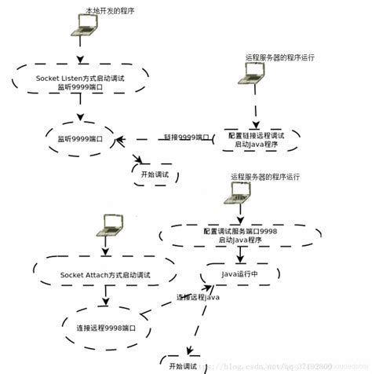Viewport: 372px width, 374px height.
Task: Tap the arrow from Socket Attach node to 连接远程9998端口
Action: (x=104, y=302)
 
